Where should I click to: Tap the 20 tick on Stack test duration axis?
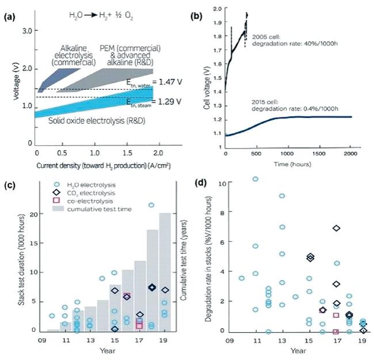(32, 214)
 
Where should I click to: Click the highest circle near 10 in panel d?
(255, 179)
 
